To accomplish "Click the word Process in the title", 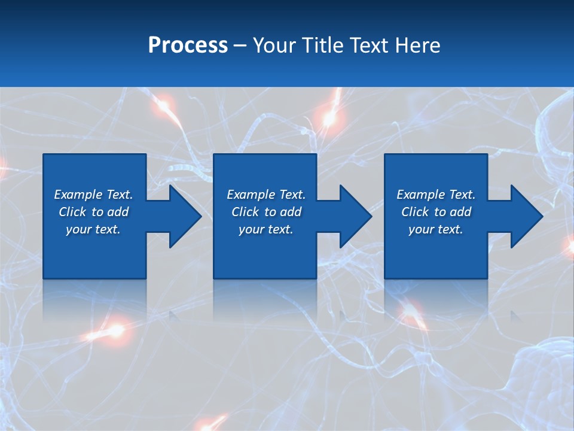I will pos(188,45).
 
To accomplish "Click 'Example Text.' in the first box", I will pos(93,195).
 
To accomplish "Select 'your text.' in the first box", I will pos(93,229).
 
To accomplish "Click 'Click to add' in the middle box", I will pos(266,212).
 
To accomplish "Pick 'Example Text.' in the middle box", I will pos(266,195).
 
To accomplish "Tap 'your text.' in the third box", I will pos(435,229).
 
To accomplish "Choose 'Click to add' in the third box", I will pos(436,212).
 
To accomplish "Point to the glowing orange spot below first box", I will pos(114,329).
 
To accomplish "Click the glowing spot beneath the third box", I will pos(411,311).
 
